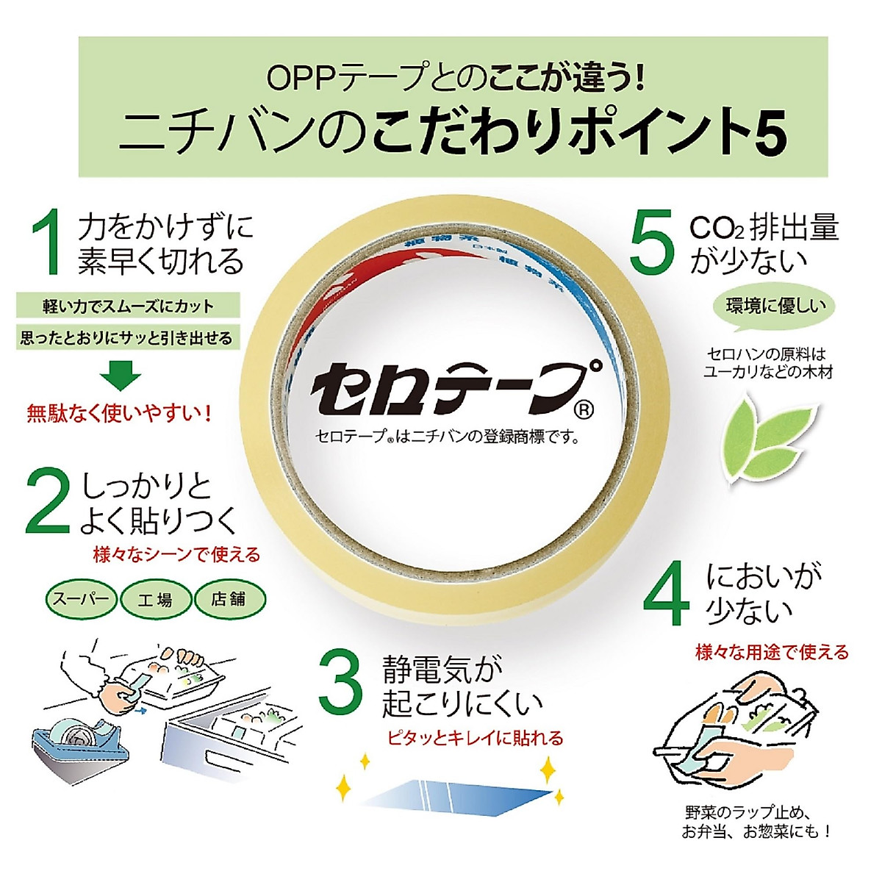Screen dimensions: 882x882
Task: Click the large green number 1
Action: pos(49,242)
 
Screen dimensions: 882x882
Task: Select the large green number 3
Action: pos(341,685)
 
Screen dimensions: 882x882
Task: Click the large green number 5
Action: pos(652,242)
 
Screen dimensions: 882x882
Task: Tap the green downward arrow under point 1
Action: pos(121,375)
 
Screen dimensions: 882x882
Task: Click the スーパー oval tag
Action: pos(81,598)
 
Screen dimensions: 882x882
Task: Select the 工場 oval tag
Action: pos(155,599)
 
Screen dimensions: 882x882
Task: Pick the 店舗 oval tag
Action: pos(229,599)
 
